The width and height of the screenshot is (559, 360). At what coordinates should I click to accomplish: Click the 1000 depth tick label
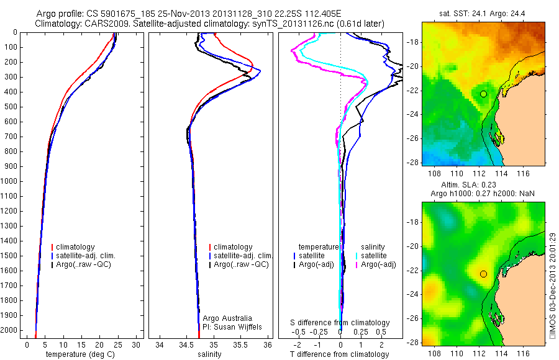pos(11,181)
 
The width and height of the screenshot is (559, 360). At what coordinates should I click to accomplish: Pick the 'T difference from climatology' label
pos(340,354)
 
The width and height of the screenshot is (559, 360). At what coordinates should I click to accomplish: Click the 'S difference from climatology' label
pos(340,323)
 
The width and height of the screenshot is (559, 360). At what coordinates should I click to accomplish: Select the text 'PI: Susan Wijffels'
pos(230,326)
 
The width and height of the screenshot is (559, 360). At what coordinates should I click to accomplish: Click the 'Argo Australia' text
pos(225,318)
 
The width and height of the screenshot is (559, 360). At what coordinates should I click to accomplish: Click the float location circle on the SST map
pos(483,94)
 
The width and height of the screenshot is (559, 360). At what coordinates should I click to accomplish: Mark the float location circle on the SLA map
pos(483,274)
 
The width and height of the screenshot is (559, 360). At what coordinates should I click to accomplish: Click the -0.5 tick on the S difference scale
pos(303,332)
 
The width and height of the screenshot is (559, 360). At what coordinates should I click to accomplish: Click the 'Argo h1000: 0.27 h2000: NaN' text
pos(483,194)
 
